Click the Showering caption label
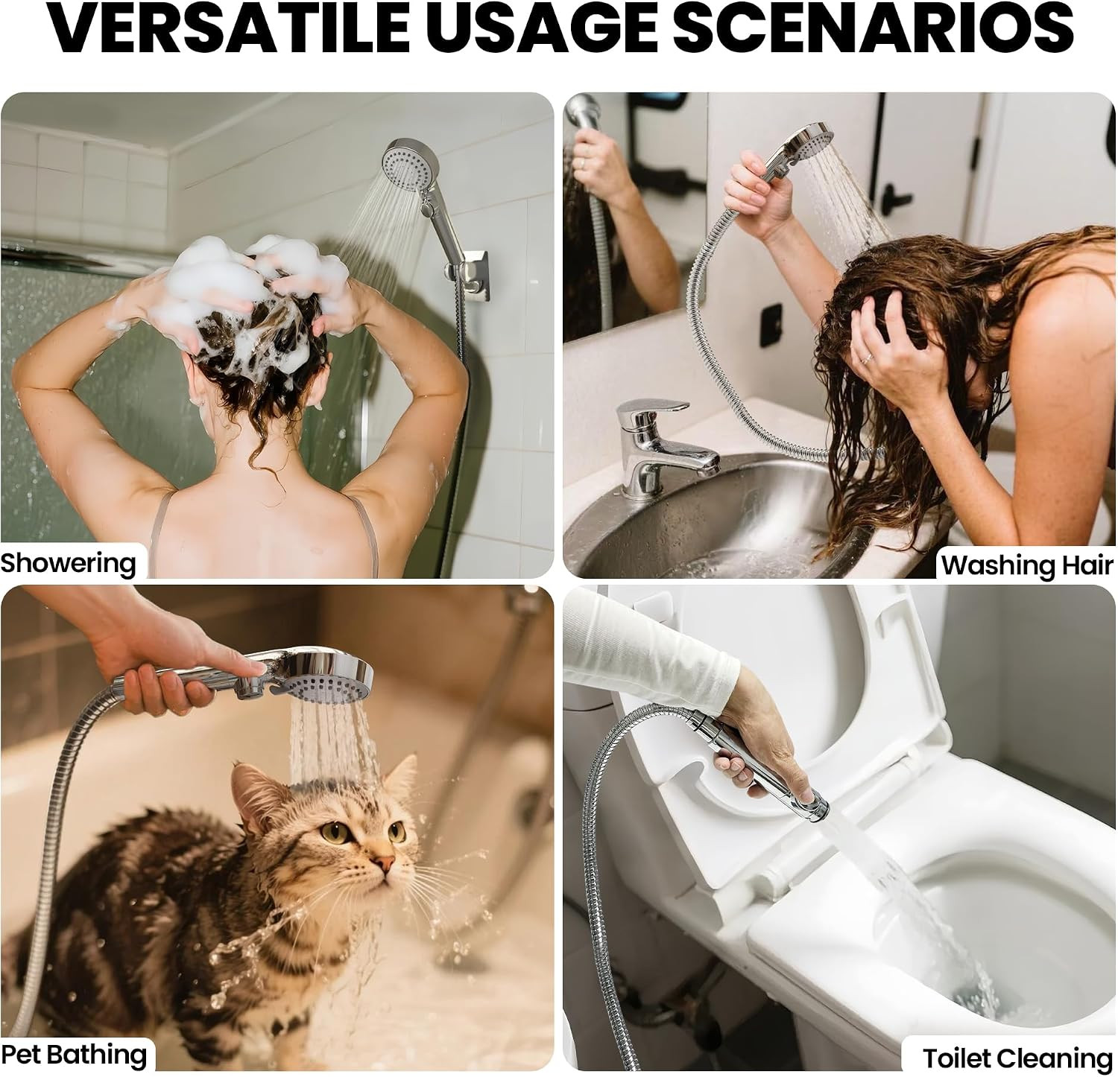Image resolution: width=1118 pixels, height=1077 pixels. click(69, 564)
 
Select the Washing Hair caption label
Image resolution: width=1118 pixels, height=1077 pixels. click(1027, 565)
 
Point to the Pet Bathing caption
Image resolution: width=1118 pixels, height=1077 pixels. click(74, 1055)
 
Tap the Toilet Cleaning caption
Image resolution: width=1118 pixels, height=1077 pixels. click(1017, 1058)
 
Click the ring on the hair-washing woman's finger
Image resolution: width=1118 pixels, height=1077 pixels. click(866, 358)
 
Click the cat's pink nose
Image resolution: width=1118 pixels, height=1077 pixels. click(385, 865)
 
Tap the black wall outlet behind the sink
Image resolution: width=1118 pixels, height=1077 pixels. click(771, 325)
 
